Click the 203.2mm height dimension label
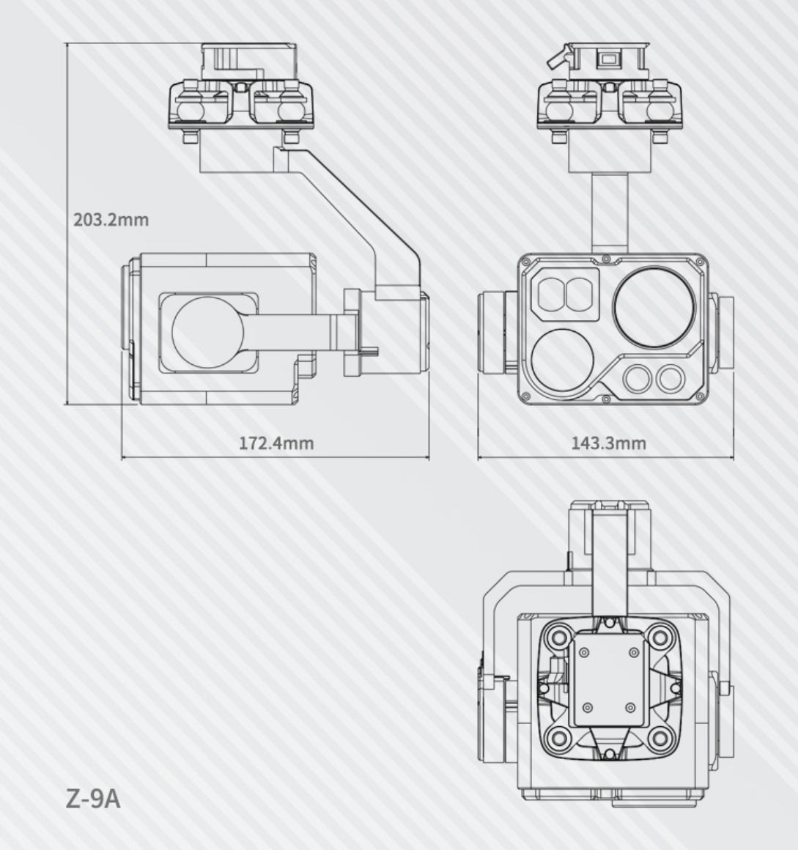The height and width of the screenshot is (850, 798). point(111,219)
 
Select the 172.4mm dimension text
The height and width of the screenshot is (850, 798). point(276,443)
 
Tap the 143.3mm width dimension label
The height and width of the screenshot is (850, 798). point(608,443)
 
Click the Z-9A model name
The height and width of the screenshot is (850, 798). point(92,798)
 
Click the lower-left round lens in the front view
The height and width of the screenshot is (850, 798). point(563,359)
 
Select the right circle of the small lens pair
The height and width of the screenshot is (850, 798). point(670,378)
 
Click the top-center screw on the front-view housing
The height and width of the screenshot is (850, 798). point(607,257)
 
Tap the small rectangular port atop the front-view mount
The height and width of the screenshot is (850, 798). point(607,58)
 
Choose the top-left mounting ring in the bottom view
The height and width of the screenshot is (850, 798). point(561,636)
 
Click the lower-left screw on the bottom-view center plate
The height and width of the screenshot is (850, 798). point(587,707)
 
